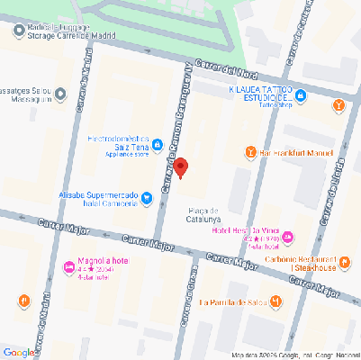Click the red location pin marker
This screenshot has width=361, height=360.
pos(180,167)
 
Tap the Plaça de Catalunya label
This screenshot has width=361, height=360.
pos(203,214)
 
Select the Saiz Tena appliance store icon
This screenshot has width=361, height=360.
pos(157,144)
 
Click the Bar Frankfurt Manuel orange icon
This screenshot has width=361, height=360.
pos(249,152)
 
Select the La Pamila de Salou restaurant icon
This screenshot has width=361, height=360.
pos(277,301)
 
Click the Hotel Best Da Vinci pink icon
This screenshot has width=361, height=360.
pos(288,238)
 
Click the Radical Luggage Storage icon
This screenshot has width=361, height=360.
pos(19,31)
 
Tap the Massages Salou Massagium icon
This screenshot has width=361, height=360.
pos(60,93)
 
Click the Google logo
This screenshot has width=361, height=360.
pos(20,352)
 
